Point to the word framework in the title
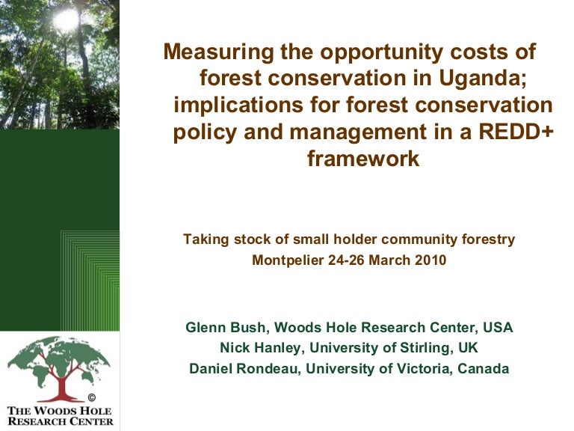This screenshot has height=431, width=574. (x=363, y=159)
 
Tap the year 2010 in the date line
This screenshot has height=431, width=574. (x=430, y=260)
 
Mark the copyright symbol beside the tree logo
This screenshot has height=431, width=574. (x=92, y=397)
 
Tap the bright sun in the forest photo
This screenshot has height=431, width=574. (x=66, y=20)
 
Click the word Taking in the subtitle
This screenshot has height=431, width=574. (x=203, y=239)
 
